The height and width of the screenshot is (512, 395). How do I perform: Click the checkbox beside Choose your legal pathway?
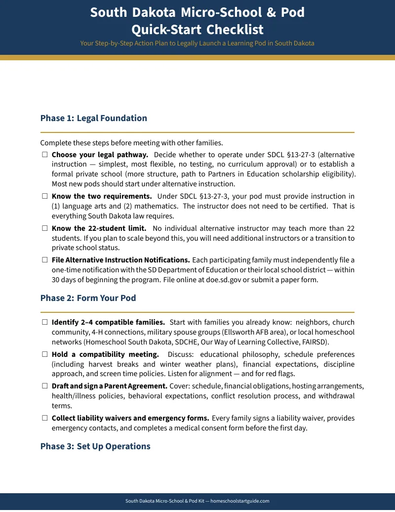click(x=44, y=155)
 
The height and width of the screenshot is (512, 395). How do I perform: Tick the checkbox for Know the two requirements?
click(x=44, y=197)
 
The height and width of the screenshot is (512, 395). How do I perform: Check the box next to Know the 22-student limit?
click(x=44, y=228)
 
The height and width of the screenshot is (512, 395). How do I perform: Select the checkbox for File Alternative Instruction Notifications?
click(x=44, y=260)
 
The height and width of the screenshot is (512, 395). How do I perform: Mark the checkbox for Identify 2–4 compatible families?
click(x=44, y=322)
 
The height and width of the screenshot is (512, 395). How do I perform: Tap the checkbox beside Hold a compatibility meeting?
click(x=44, y=354)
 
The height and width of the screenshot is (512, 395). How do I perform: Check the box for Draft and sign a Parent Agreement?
click(x=44, y=386)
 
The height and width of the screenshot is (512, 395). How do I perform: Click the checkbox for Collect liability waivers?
click(x=44, y=418)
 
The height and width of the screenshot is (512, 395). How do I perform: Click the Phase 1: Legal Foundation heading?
click(x=93, y=118)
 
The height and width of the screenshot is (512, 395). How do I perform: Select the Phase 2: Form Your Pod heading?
click(x=88, y=298)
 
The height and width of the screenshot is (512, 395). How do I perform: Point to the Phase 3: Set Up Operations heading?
click(x=95, y=446)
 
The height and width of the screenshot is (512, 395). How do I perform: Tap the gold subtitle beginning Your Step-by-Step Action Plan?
click(x=197, y=43)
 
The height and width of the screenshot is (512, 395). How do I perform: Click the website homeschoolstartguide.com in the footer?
click(x=240, y=501)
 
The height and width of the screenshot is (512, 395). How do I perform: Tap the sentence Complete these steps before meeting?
click(x=131, y=143)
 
